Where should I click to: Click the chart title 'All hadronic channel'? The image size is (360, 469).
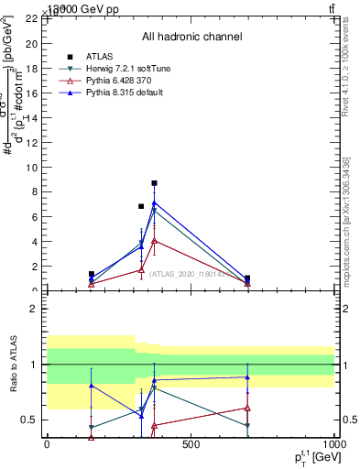[191, 37]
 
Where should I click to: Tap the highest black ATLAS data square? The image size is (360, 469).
[155, 183]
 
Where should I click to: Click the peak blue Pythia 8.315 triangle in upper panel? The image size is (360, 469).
[155, 203]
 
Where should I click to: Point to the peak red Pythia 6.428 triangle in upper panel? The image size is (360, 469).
[155, 240]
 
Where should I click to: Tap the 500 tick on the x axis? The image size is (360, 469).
[190, 445]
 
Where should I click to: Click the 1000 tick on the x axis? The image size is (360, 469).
[333, 445]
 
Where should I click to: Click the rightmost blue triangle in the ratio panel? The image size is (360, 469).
[247, 377]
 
